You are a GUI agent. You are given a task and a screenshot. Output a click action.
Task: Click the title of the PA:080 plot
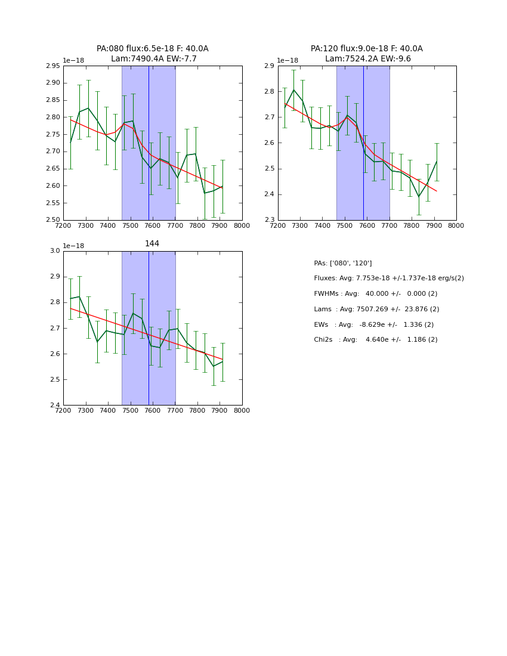tap(153, 54)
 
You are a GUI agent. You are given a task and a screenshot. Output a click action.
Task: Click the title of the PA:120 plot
tap(367, 54)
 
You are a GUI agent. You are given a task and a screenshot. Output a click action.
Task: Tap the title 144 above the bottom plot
tap(152, 244)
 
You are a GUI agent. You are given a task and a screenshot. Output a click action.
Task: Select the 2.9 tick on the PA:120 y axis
tap(268, 66)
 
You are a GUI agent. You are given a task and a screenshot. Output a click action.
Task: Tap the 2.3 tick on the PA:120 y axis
tap(268, 221)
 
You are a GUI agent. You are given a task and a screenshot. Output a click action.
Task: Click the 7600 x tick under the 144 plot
tap(153, 410)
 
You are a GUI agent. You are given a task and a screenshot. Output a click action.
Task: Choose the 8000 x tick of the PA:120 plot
tap(456, 225)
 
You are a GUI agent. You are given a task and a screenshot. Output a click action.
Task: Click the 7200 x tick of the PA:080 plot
tap(63, 225)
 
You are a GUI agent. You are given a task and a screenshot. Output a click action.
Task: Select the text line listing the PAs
tap(343, 264)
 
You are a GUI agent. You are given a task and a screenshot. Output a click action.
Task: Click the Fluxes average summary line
tap(388, 279)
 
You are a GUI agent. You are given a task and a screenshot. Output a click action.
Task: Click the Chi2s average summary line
tap(375, 340)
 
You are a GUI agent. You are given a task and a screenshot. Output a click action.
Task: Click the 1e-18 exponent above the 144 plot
tap(73, 246)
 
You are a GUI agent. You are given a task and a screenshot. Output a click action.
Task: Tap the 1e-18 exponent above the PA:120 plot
tap(287, 60)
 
